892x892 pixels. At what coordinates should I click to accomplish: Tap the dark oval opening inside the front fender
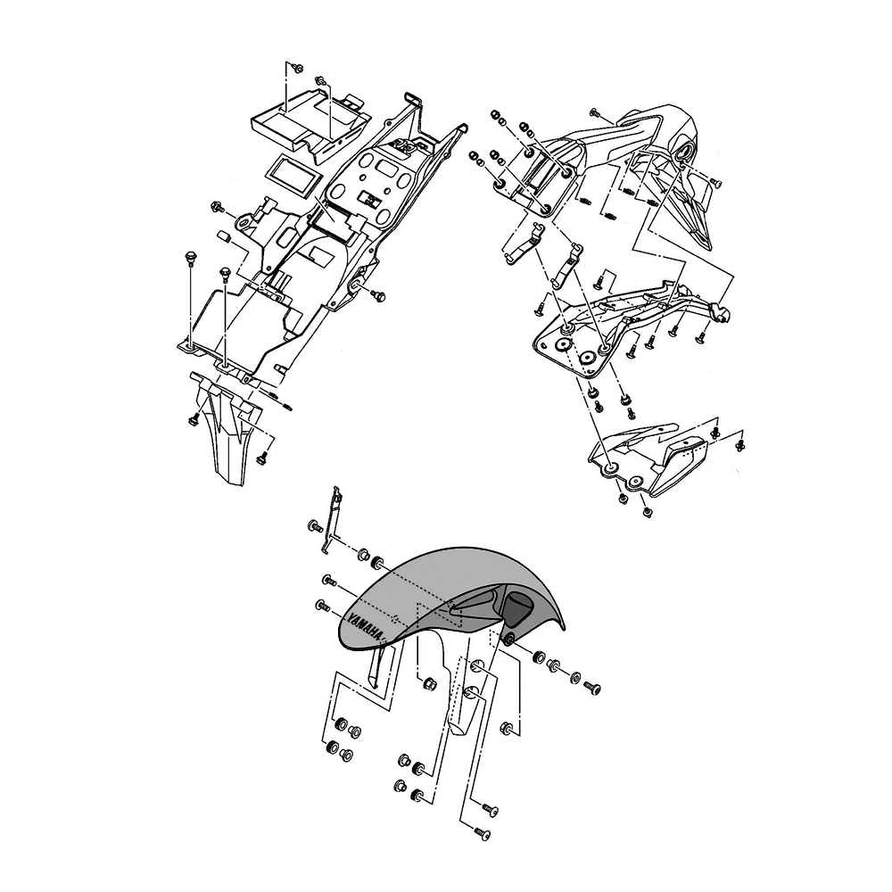coord(518,608)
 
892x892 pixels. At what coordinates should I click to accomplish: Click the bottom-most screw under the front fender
coord(481,832)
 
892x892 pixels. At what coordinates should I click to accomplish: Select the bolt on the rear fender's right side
coord(378,294)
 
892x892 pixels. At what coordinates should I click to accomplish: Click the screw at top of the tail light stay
coord(596,115)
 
